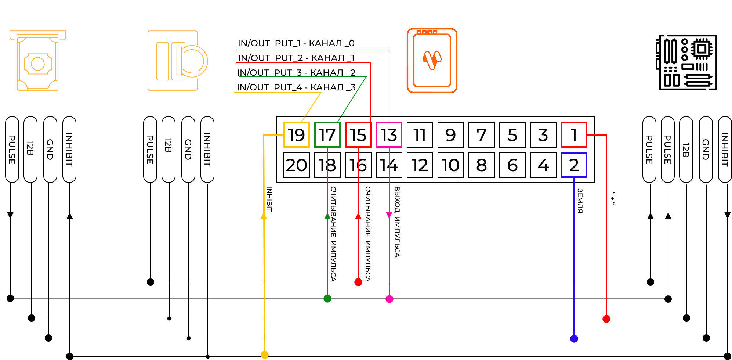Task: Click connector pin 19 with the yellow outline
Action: (x=297, y=135)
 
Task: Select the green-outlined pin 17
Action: (x=327, y=135)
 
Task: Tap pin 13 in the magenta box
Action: (x=389, y=135)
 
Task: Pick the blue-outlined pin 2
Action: (x=574, y=165)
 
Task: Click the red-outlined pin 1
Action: (x=574, y=135)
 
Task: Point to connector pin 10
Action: (x=451, y=165)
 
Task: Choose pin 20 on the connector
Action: (x=297, y=165)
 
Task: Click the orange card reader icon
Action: (x=432, y=61)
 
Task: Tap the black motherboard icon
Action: (x=686, y=62)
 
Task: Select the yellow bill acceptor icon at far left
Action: (x=37, y=61)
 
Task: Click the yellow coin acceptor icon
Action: (x=178, y=61)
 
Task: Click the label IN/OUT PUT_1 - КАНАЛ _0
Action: (x=296, y=43)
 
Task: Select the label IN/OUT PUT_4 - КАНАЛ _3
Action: (x=296, y=87)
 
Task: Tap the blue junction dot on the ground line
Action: (x=574, y=338)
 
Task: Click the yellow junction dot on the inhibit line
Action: (x=264, y=354)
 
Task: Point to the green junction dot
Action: (x=327, y=299)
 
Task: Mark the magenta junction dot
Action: (x=389, y=299)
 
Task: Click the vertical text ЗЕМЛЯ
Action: (x=580, y=201)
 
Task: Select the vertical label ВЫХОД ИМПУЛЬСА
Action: (x=397, y=222)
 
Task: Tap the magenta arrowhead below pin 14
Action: (x=389, y=215)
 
